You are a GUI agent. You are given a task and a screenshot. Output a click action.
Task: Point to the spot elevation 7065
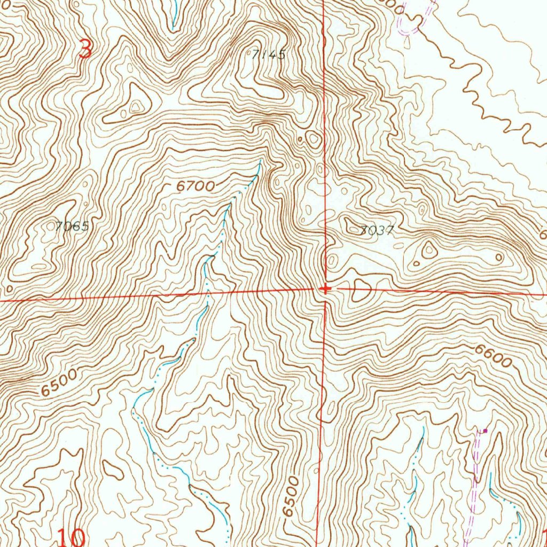[72, 226]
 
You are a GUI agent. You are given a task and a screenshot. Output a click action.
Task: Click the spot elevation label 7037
[377, 230]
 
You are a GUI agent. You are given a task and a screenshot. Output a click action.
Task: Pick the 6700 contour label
[195, 186]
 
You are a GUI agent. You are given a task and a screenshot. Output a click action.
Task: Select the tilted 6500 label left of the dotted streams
[59, 382]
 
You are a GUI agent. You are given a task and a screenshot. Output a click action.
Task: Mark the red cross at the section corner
[325, 289]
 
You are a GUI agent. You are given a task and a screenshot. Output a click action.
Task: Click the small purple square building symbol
[485, 430]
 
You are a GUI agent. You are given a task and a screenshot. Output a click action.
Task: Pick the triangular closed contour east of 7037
[429, 249]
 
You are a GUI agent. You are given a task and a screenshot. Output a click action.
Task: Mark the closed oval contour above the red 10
[113, 470]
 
